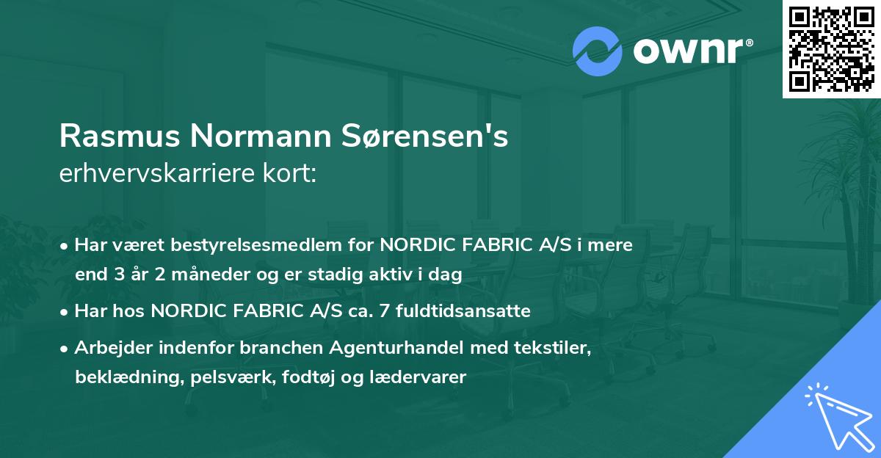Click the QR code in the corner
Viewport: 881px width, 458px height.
(x=831, y=48)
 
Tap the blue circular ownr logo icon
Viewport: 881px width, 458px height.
(x=598, y=51)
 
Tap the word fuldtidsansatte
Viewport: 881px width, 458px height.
(x=465, y=311)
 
